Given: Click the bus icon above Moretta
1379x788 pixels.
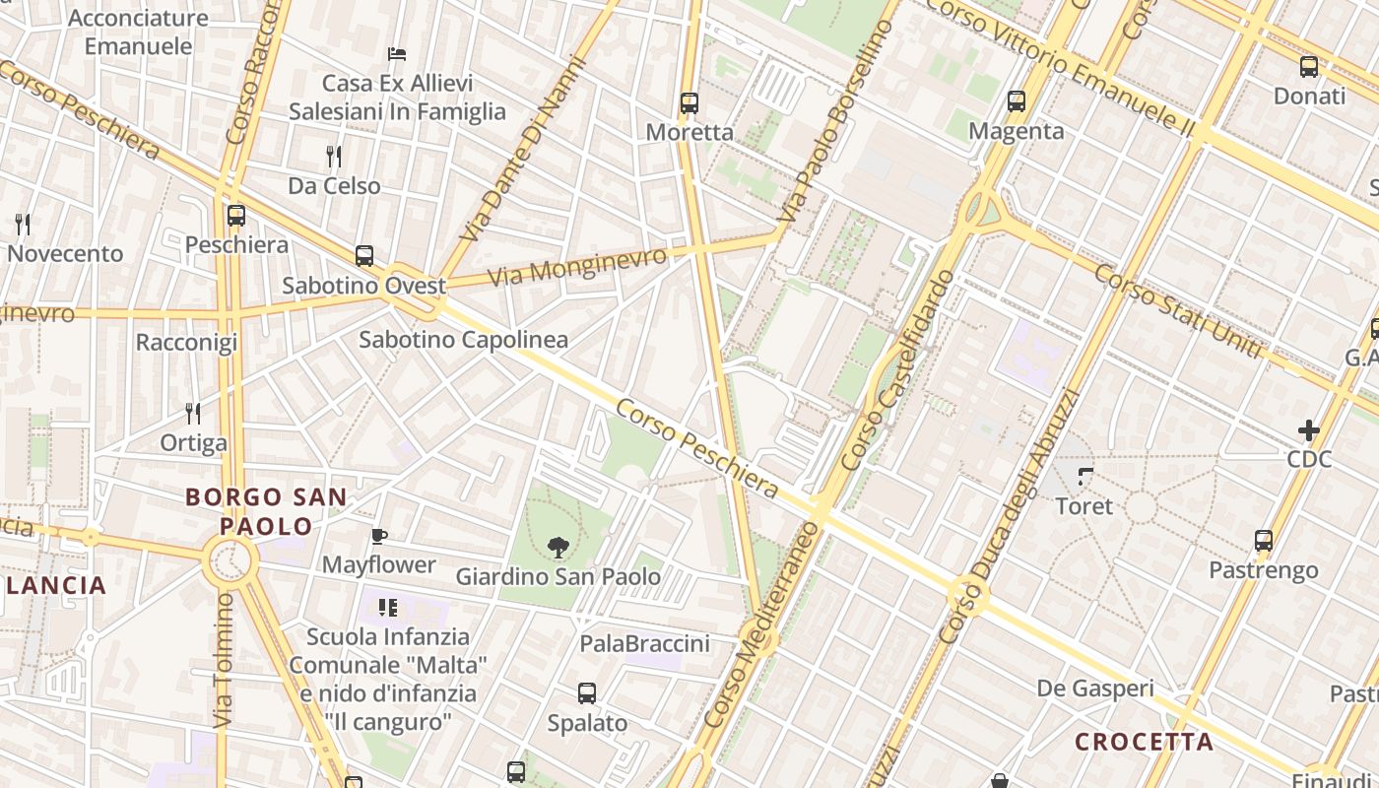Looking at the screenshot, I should tap(689, 102).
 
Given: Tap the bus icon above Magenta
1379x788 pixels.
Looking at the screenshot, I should tap(1016, 101).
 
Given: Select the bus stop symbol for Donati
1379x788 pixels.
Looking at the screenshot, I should tap(1308, 67).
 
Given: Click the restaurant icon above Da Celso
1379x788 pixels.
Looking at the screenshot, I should tap(334, 156).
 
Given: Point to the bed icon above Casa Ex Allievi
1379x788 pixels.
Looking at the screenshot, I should tap(397, 53).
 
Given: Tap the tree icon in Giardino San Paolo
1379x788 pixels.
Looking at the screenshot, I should tap(558, 547).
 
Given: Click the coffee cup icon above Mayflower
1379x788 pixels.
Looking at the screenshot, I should tap(379, 536).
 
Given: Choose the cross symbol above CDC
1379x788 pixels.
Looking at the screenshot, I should tap(1308, 429).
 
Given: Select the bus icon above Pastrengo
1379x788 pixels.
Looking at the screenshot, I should tap(1263, 541).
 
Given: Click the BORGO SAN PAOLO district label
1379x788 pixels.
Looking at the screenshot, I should tap(266, 511).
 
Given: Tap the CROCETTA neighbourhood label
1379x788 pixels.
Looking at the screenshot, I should tap(1144, 742).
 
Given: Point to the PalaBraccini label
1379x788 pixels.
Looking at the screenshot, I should tap(644, 644).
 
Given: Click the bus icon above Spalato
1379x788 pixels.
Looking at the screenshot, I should tap(587, 693).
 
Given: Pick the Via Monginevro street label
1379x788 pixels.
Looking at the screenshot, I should tap(577, 267).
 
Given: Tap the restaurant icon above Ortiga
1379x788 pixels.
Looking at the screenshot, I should tap(193, 413).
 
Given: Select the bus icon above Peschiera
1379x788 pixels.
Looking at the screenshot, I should tap(236, 215).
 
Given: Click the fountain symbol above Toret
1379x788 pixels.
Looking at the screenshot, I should tap(1084, 477).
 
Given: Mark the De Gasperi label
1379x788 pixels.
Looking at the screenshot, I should tap(1094, 689).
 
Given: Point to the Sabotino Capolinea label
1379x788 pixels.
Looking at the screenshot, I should tap(463, 340).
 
